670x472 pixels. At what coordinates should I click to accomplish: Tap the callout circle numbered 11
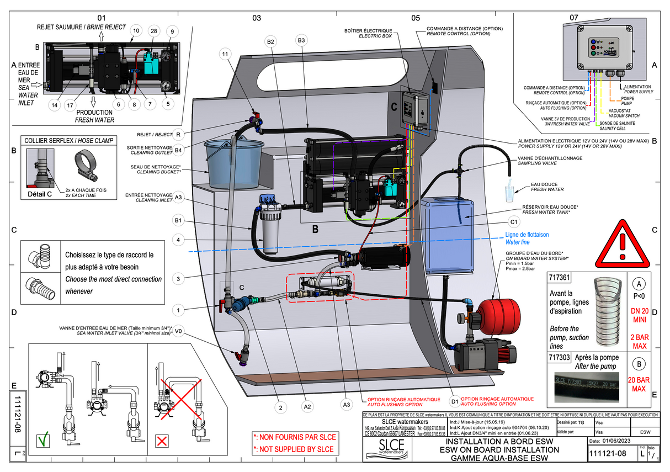pos(224,54)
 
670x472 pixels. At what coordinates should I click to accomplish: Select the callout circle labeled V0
pos(178,332)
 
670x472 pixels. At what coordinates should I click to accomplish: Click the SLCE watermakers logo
pos(387,452)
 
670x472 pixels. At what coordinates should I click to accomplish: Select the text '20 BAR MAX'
pos(639,384)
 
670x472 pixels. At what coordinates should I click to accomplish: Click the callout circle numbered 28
pos(153,31)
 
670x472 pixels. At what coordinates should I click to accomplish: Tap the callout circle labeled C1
pos(513,222)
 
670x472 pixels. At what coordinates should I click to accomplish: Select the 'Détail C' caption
pos(40,194)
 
